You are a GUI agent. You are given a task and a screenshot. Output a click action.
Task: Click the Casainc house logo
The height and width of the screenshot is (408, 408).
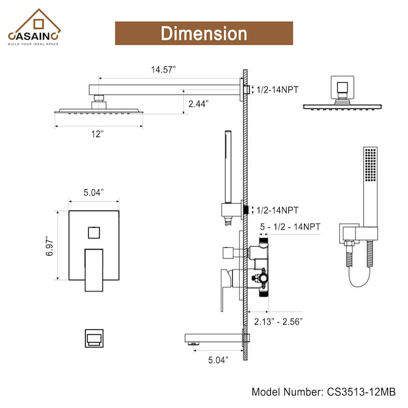tap(34, 27)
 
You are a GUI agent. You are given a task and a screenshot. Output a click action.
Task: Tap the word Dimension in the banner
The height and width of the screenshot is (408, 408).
tap(204, 34)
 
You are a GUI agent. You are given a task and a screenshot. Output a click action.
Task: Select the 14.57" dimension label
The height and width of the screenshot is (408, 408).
tap(163, 70)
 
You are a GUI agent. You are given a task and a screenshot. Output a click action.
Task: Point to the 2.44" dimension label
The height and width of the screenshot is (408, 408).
tap(198, 104)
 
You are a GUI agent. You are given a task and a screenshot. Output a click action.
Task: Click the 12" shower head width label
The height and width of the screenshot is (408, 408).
tap(97, 134)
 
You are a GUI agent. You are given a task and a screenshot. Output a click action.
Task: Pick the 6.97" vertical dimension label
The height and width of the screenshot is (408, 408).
tap(50, 246)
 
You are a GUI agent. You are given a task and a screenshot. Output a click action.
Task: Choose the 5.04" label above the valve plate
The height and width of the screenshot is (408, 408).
tap(94, 193)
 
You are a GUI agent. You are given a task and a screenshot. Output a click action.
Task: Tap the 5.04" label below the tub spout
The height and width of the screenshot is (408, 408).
tap(218, 360)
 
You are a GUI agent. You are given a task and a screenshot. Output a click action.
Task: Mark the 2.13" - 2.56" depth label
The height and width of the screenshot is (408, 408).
tap(278, 322)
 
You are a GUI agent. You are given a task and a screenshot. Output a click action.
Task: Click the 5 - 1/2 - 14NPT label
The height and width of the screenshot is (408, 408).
tap(290, 227)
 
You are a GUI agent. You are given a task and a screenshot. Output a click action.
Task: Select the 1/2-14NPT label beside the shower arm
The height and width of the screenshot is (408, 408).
tap(277, 90)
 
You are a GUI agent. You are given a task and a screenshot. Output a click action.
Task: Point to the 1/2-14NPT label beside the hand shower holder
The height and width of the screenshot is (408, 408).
tap(277, 210)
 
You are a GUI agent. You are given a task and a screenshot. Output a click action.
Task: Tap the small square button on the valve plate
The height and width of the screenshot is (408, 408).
tap(94, 233)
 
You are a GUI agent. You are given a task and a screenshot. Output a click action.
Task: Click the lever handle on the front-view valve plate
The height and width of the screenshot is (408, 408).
tap(94, 270)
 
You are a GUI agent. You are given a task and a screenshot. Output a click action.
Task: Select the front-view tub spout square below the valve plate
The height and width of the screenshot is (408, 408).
tap(94, 338)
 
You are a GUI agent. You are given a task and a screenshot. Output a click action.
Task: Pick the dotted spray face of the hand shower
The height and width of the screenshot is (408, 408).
tap(371, 164)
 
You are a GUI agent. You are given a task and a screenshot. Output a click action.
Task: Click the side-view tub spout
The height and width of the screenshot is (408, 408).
tap(215, 338)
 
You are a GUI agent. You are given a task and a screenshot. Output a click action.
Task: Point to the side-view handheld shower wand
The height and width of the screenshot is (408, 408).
tap(228, 167)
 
